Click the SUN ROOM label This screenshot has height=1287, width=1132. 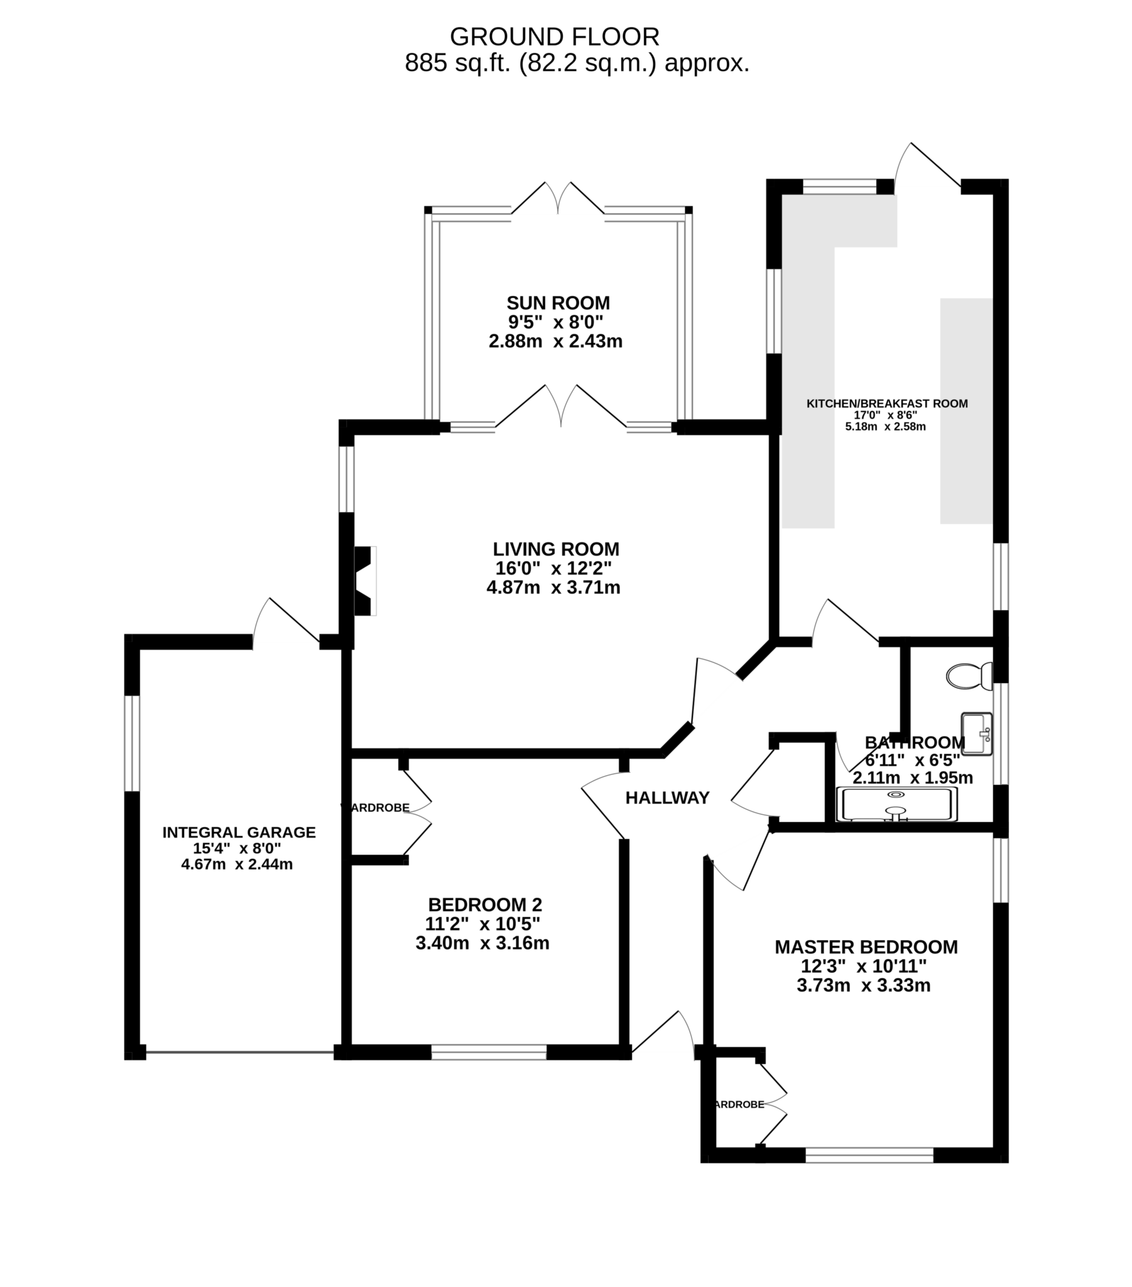(x=558, y=303)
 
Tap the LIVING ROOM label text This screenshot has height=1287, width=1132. (x=556, y=549)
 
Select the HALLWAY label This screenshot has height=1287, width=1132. (x=667, y=797)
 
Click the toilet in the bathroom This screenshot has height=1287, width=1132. (x=968, y=676)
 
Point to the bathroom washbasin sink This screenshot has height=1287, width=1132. (x=976, y=733)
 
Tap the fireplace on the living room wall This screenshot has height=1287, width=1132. (x=364, y=581)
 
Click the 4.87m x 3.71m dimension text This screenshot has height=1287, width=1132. (x=553, y=588)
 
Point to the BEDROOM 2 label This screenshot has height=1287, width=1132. (x=485, y=905)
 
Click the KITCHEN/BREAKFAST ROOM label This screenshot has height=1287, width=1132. (x=887, y=403)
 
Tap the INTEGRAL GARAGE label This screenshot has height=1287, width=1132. (x=239, y=832)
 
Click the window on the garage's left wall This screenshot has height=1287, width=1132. (x=130, y=743)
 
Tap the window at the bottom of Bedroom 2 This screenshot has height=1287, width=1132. (x=489, y=1053)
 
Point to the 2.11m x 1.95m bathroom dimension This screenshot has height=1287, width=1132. (x=912, y=777)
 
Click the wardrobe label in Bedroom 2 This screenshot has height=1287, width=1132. (x=376, y=808)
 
